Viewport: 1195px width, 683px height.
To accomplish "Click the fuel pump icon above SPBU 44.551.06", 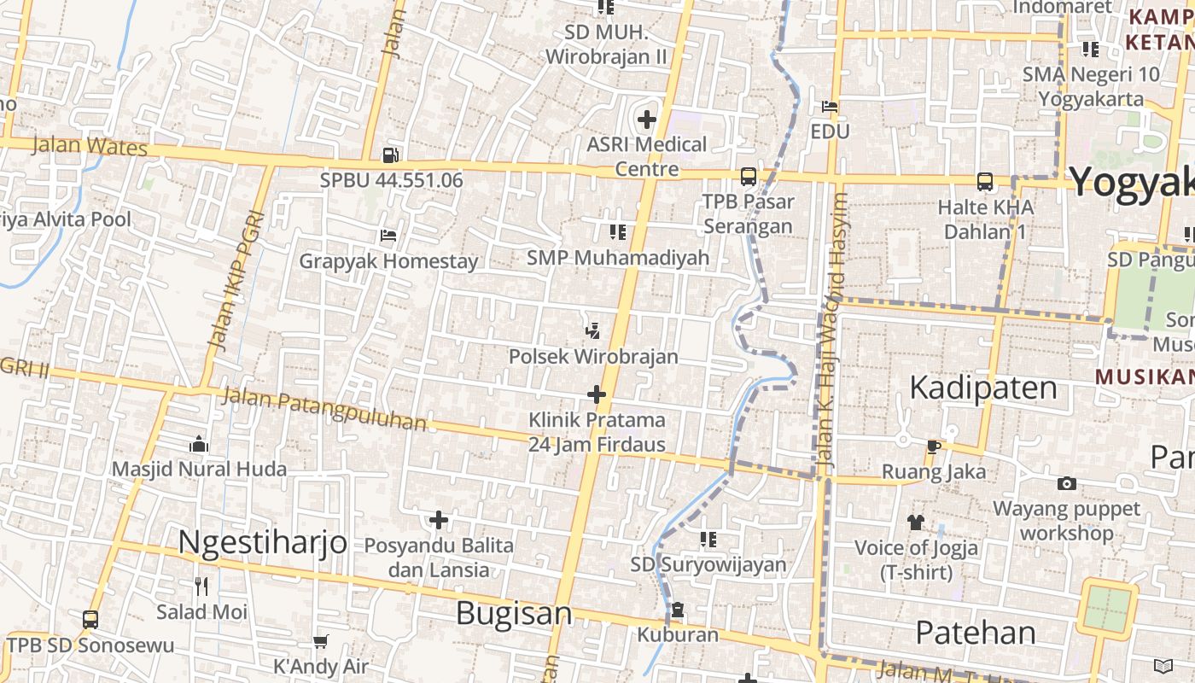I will pos(390,155).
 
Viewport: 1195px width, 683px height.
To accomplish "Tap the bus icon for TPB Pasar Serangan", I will pos(749,177).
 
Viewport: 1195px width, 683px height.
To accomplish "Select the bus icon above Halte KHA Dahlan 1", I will pos(985,181).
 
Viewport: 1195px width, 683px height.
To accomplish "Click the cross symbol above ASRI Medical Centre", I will pos(647,120).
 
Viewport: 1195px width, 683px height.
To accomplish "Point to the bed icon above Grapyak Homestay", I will pos(388,236).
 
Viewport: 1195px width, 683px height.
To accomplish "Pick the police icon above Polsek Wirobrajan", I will pos(592,330).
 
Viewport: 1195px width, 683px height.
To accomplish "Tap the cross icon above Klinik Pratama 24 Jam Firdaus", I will pos(597,394).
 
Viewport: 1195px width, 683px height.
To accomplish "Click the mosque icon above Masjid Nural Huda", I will pos(199,444).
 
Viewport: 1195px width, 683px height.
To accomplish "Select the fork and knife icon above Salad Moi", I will pos(201,587).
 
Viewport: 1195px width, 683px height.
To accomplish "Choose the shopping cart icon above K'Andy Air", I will pos(320,641).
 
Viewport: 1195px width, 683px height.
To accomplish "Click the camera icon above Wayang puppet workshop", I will pos(1067,484).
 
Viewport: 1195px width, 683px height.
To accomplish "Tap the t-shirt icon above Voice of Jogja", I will pos(916,522).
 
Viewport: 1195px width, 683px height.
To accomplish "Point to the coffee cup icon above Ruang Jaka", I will pos(934,447).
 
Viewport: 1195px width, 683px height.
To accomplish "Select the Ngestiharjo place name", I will pos(263,541).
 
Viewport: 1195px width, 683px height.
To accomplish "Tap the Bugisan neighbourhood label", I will pos(514,613).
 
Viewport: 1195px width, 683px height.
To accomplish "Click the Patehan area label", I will pos(976,633).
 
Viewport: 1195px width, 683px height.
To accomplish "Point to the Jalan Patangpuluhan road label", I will pos(324,409).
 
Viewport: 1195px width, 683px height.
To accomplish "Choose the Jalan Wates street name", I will pos(90,146).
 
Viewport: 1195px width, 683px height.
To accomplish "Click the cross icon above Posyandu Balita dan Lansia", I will pos(439,520).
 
